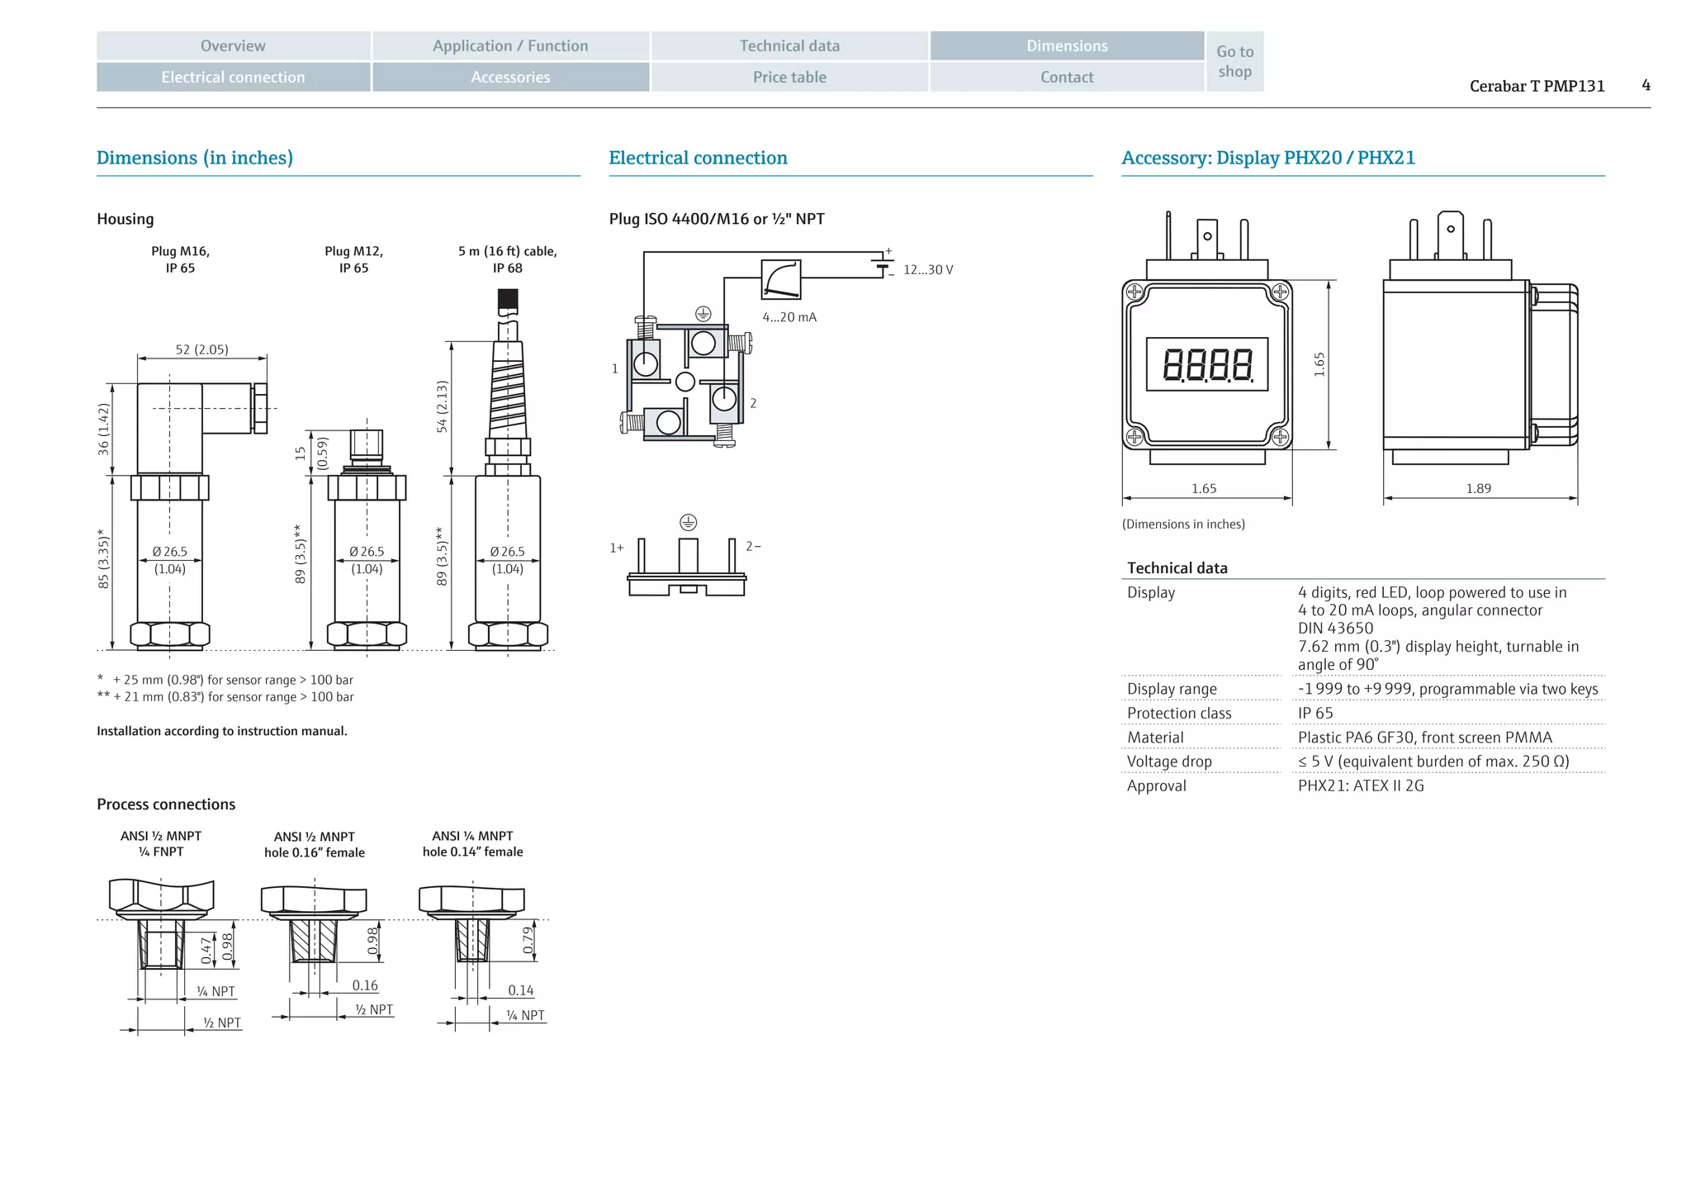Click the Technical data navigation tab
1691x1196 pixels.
coord(789,46)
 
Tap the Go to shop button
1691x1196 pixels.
coord(1234,62)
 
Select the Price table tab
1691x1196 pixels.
coord(789,78)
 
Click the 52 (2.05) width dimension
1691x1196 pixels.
coord(201,349)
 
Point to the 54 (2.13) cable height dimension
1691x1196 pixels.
coord(442,406)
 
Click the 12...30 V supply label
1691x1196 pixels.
coord(927,270)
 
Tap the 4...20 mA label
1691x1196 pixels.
coord(789,317)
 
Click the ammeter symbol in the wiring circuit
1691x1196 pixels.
coord(781,279)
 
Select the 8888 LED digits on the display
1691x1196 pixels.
coord(1207,364)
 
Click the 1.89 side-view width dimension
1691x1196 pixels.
coord(1478,489)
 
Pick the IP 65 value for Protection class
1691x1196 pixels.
coord(1315,714)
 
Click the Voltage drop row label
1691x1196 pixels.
coord(1169,762)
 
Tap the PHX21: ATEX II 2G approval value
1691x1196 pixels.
coord(1360,786)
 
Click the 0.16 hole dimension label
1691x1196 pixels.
coord(364,985)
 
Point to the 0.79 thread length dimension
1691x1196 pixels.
coord(528,940)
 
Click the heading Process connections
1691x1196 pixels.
coord(166,804)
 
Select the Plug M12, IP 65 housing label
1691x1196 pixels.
coord(353,259)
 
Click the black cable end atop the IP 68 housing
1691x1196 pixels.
coord(508,300)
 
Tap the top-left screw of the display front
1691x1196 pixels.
coord(1134,292)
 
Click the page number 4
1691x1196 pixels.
coord(1646,85)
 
